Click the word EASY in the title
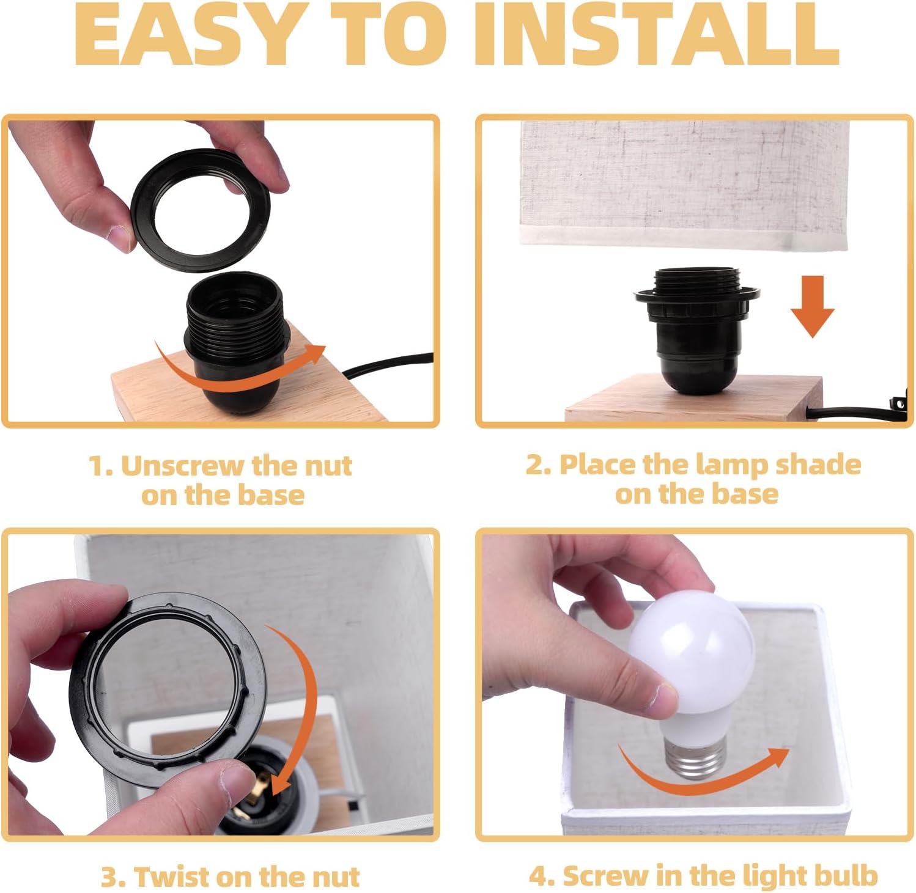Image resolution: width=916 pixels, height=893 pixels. [x=188, y=35]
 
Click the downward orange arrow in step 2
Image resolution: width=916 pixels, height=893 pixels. [x=812, y=306]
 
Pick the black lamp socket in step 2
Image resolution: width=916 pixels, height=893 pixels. [x=697, y=327]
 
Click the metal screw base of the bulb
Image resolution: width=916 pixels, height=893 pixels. [x=693, y=758]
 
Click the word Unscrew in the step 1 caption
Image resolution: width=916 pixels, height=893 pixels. [x=182, y=466]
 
